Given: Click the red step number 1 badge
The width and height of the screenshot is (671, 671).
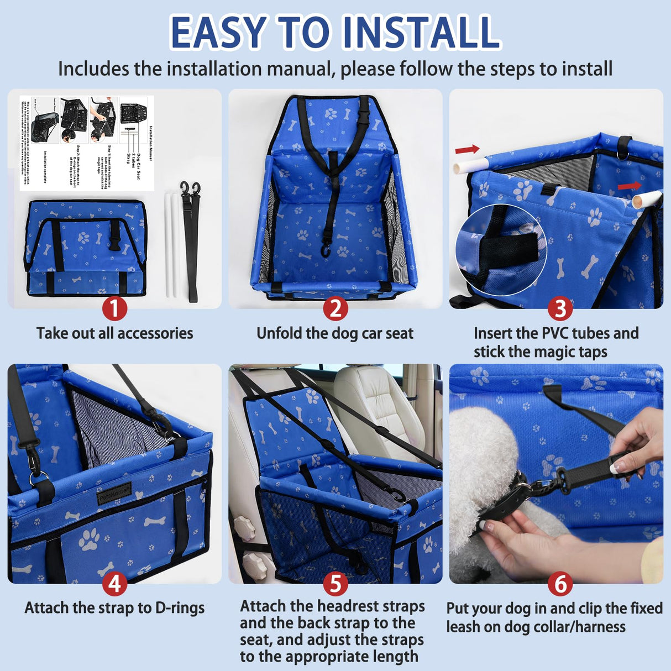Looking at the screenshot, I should point(114,308).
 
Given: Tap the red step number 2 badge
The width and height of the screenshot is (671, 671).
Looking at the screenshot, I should point(335,308).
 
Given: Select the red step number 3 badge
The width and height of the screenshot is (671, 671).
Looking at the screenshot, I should point(560,308).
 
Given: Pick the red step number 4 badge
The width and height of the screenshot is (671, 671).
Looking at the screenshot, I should point(114,584).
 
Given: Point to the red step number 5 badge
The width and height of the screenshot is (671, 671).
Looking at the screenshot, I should point(335,584).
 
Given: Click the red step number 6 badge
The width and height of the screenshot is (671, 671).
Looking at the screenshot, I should point(560,584).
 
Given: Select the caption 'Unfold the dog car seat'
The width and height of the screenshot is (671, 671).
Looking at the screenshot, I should point(335,333).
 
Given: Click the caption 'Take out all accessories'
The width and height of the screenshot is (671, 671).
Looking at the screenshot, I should point(114,333).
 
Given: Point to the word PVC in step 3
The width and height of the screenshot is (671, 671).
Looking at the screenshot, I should point(558,333).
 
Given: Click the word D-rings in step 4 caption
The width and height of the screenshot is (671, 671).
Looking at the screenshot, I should point(180,608).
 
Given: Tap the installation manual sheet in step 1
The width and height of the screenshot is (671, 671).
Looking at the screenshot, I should point(87,143).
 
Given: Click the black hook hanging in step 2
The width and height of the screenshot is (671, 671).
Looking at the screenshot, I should point(326,251).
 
